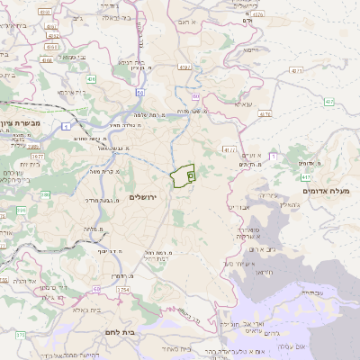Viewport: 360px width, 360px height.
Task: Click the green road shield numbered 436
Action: (92, 78)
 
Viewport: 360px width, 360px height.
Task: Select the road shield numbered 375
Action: (20, 334)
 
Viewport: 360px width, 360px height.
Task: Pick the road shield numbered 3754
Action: (123, 290)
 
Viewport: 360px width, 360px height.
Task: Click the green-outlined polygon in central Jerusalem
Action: (184, 175)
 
